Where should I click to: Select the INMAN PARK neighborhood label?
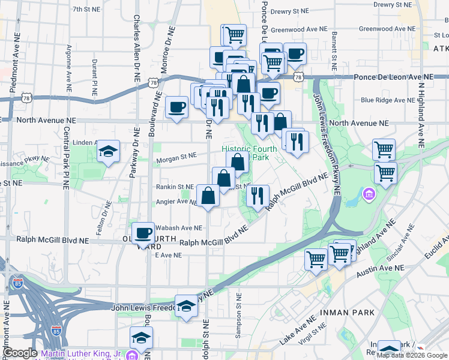coord(348,313)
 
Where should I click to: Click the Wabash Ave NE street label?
coord(178,228)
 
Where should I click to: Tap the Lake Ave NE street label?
coord(298,332)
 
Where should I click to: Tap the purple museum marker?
coord(369,194)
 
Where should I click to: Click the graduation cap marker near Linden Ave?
coord(108,151)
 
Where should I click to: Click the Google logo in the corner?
coord(19,353)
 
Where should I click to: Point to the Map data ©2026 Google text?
coord(412,355)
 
